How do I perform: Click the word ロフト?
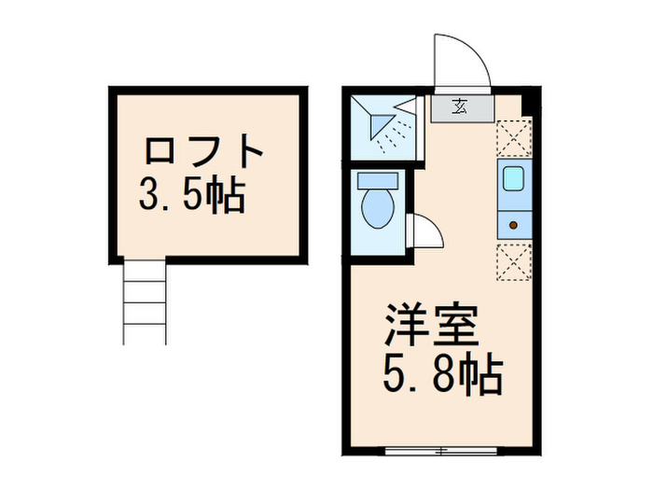(203, 151)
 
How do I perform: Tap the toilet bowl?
(378, 210)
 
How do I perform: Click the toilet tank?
(377, 181)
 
